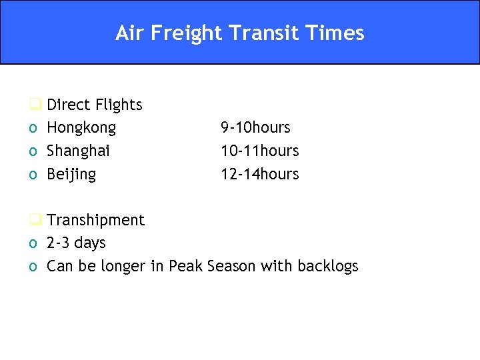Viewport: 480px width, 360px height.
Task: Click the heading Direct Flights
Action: click(x=94, y=105)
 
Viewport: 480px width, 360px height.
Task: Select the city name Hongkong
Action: click(x=81, y=128)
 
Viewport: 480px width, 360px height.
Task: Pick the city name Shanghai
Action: click(x=78, y=151)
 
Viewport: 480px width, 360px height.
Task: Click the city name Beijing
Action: click(x=71, y=175)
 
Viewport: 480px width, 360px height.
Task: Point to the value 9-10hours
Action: click(x=255, y=127)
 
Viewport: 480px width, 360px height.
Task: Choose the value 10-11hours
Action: click(x=259, y=151)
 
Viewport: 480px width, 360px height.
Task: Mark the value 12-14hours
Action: click(x=259, y=174)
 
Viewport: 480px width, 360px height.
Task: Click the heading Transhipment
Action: click(x=95, y=220)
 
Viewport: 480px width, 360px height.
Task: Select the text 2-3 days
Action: click(x=75, y=243)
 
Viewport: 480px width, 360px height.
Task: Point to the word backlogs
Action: click(x=327, y=266)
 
